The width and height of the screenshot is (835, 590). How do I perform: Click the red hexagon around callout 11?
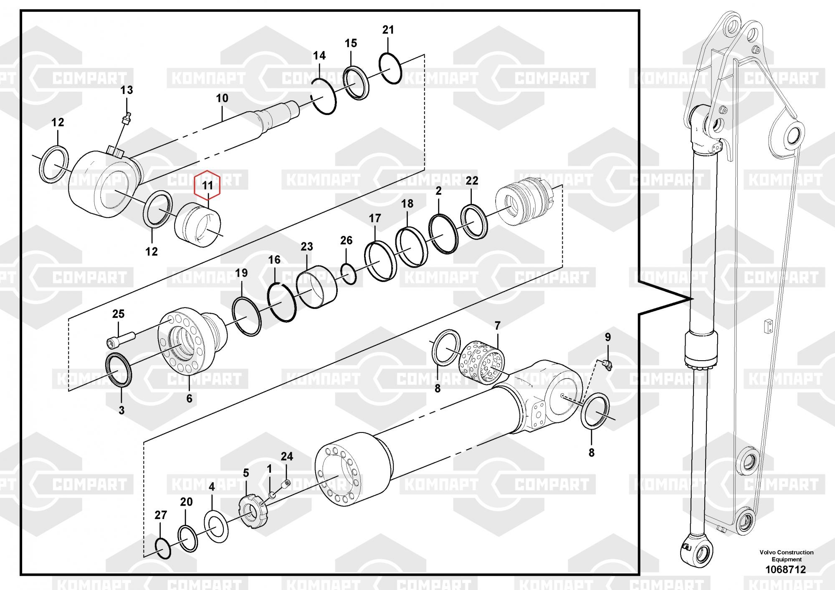pyautogui.click(x=207, y=184)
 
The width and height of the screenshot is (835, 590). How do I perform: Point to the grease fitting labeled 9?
pyautogui.click(x=607, y=365)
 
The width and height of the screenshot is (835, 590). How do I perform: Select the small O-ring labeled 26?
pyautogui.click(x=348, y=274)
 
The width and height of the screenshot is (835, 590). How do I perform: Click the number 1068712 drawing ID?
pyautogui.click(x=785, y=570)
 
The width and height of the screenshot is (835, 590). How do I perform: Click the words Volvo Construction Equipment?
pyautogui.click(x=787, y=556)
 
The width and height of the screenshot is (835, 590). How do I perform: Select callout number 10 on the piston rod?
pyautogui.click(x=222, y=98)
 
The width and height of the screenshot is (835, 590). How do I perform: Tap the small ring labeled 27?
pyautogui.click(x=162, y=548)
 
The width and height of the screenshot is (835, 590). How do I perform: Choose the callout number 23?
pyautogui.click(x=307, y=247)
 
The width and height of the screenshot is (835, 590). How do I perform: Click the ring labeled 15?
pyautogui.click(x=356, y=83)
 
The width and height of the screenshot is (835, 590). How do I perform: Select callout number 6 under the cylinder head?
pyautogui.click(x=189, y=399)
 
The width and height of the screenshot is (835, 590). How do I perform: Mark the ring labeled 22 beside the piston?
pyautogui.click(x=474, y=221)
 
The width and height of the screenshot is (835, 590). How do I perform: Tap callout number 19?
pyautogui.click(x=241, y=273)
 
